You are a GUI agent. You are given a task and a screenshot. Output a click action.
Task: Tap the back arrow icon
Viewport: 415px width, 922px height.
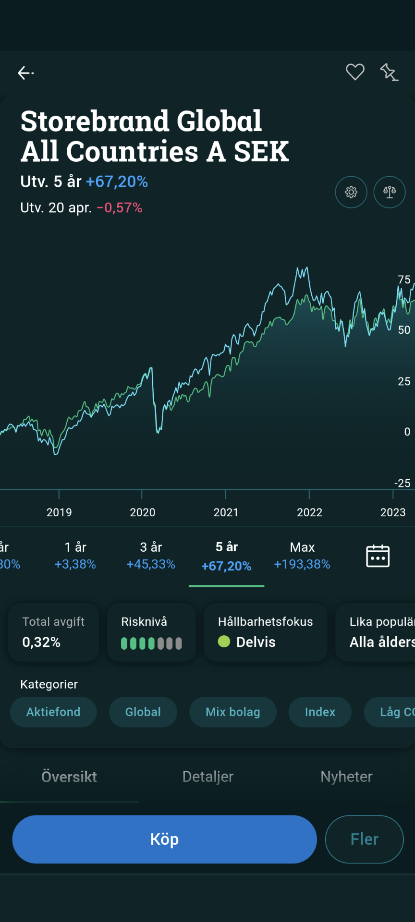pos(25,73)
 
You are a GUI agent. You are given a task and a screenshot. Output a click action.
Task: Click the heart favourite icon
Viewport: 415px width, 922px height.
pos(355,72)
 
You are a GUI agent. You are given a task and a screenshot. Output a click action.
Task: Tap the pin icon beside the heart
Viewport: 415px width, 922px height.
pos(389,73)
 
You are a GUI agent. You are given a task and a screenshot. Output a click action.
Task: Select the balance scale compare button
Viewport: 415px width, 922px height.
pos(389,192)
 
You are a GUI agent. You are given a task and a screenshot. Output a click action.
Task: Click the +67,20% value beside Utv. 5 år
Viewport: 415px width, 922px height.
pos(117,182)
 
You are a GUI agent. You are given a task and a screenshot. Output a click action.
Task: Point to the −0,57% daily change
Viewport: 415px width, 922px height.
pos(120,207)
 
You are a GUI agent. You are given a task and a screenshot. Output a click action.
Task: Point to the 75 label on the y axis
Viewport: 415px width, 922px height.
pos(404,279)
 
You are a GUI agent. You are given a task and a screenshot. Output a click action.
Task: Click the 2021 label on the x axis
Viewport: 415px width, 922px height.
pos(226,512)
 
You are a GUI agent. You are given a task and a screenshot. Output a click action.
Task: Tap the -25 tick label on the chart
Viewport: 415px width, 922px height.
pos(402,483)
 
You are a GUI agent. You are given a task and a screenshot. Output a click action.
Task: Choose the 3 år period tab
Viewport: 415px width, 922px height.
pos(151,556)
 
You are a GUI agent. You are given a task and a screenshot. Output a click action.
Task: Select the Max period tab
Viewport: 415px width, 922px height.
pos(302,556)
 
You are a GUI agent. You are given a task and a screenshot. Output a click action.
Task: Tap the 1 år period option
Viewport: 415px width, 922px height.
pos(75,556)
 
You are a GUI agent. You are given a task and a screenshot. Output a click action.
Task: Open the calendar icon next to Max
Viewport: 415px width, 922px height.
pos(378,556)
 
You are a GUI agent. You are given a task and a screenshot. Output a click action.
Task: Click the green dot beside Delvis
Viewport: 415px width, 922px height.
pos(224,642)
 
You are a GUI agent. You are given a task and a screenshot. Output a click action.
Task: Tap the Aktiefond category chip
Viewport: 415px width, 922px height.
pos(53,712)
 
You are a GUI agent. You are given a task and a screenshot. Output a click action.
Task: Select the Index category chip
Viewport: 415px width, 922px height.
pos(320,712)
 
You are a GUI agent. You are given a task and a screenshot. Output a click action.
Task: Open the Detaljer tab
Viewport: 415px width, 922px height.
pos(208,776)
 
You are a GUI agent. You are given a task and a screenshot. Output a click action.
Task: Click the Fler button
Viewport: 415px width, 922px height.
pos(364,839)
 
